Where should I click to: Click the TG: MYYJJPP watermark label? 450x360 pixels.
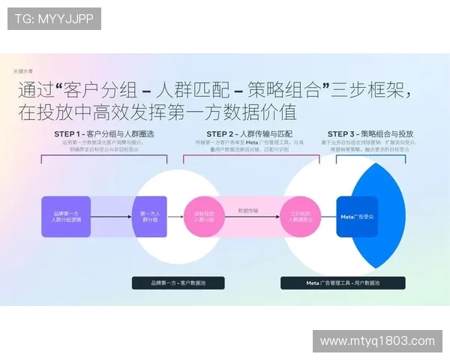(x=54, y=19)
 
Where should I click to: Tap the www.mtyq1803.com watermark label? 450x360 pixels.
(x=376, y=340)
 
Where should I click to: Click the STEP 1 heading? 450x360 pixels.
(x=103, y=133)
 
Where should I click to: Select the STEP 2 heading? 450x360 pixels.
(x=238, y=133)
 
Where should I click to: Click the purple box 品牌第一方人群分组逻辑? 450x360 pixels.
(x=66, y=217)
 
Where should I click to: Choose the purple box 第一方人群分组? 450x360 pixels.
(x=149, y=217)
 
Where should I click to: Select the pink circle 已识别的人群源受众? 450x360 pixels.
(x=301, y=217)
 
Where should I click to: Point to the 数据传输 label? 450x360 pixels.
(x=247, y=211)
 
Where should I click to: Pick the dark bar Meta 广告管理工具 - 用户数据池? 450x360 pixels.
(x=343, y=283)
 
